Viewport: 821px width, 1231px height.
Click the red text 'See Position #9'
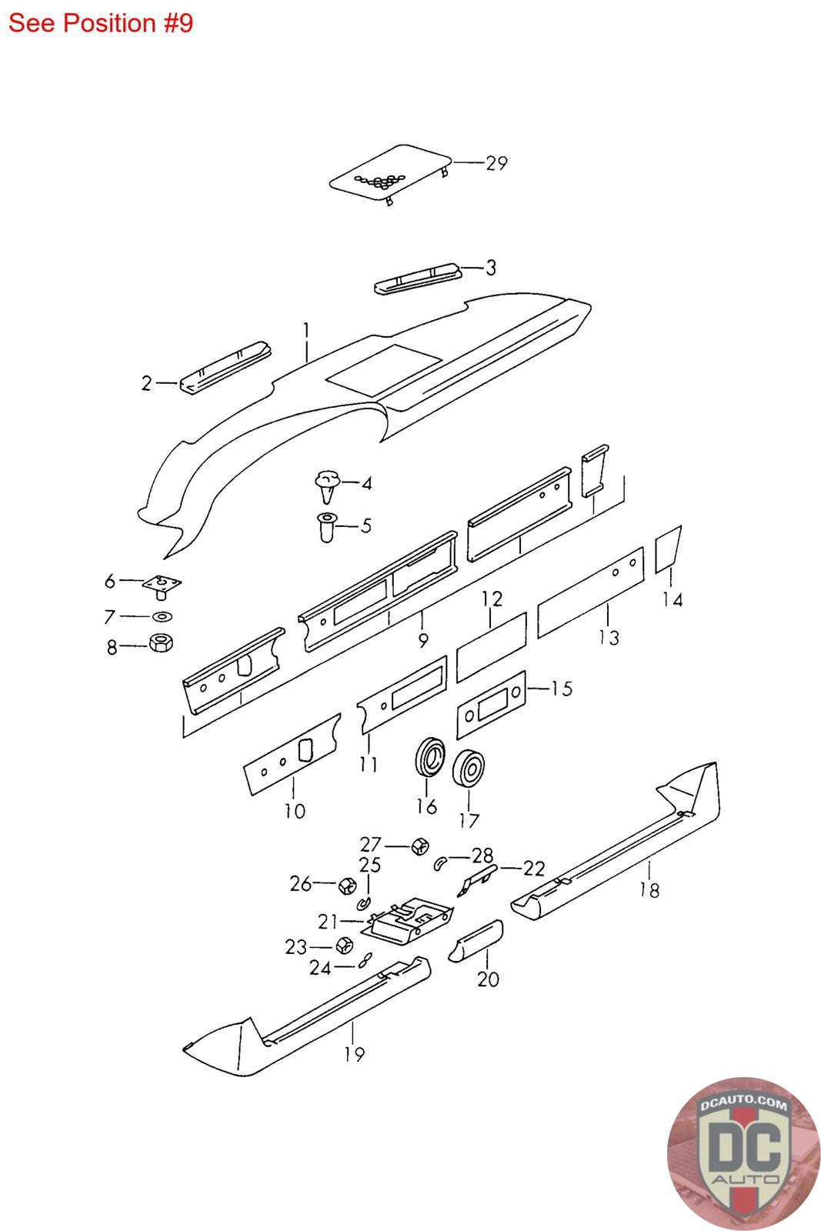click(x=101, y=23)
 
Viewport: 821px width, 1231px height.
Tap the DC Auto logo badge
click(x=743, y=1153)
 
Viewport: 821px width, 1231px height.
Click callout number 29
click(x=496, y=163)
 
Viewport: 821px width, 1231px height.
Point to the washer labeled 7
click(x=162, y=616)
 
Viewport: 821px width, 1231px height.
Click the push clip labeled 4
click(x=328, y=486)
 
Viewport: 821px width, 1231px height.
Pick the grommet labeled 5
click(x=326, y=527)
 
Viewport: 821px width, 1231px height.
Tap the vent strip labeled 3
click(x=417, y=279)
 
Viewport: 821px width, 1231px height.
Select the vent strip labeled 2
click(x=225, y=368)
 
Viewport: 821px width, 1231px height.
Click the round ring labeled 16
click(x=429, y=757)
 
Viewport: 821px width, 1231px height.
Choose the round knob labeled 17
click(x=468, y=769)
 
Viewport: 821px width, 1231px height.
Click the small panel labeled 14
click(x=668, y=549)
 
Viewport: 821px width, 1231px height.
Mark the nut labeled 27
click(x=420, y=846)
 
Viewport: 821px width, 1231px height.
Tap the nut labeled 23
click(x=343, y=946)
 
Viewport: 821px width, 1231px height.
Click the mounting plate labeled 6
click(x=162, y=585)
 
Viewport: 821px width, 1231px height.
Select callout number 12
click(x=492, y=599)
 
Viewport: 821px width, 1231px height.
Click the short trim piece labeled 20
click(x=476, y=940)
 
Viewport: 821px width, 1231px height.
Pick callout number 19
click(x=355, y=1054)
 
